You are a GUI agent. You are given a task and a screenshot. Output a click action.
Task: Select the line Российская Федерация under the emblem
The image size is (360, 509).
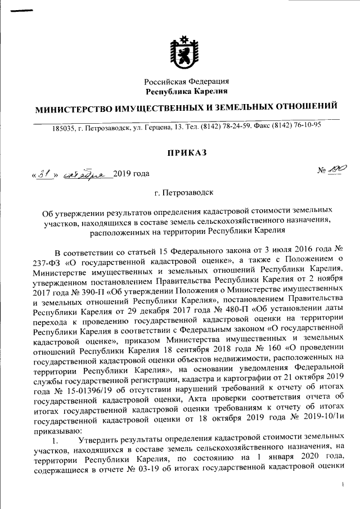(186, 82)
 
